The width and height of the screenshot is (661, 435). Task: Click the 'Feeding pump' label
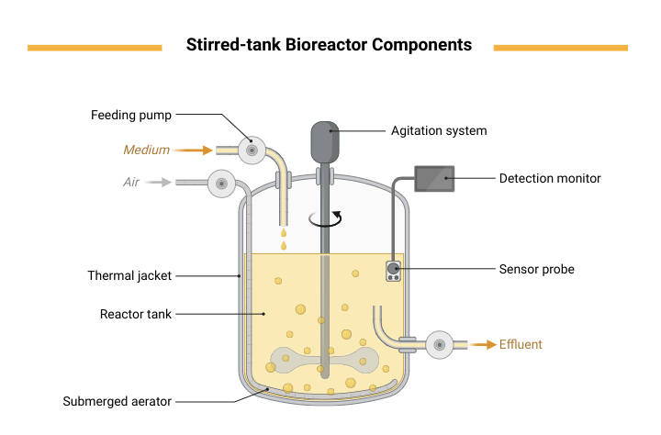point(131,115)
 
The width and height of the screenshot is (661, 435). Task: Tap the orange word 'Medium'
point(146,150)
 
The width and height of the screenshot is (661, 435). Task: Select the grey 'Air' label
point(131,182)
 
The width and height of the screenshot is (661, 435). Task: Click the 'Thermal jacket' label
point(129,275)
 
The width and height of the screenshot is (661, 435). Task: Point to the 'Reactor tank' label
point(136,314)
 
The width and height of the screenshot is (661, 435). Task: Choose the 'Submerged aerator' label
point(118,401)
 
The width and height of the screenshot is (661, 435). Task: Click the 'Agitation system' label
point(439,130)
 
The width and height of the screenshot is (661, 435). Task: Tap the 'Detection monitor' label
point(550,178)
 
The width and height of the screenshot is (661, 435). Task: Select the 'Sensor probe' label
point(537,269)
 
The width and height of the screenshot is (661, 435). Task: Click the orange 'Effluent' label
point(521,344)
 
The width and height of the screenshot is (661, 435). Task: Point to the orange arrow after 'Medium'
point(192,151)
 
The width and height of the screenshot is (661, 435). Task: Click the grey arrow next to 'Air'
point(159,182)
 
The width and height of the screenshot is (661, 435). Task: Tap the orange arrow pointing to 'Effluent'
point(483,345)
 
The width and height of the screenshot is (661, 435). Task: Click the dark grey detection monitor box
point(434,179)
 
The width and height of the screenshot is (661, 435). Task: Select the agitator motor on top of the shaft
point(325,142)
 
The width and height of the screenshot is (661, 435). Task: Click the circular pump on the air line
point(222,184)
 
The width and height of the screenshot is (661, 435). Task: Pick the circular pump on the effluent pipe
point(439,345)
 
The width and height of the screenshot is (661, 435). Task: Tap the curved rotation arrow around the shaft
point(325,219)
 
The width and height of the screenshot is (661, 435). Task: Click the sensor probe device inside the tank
point(393,271)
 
